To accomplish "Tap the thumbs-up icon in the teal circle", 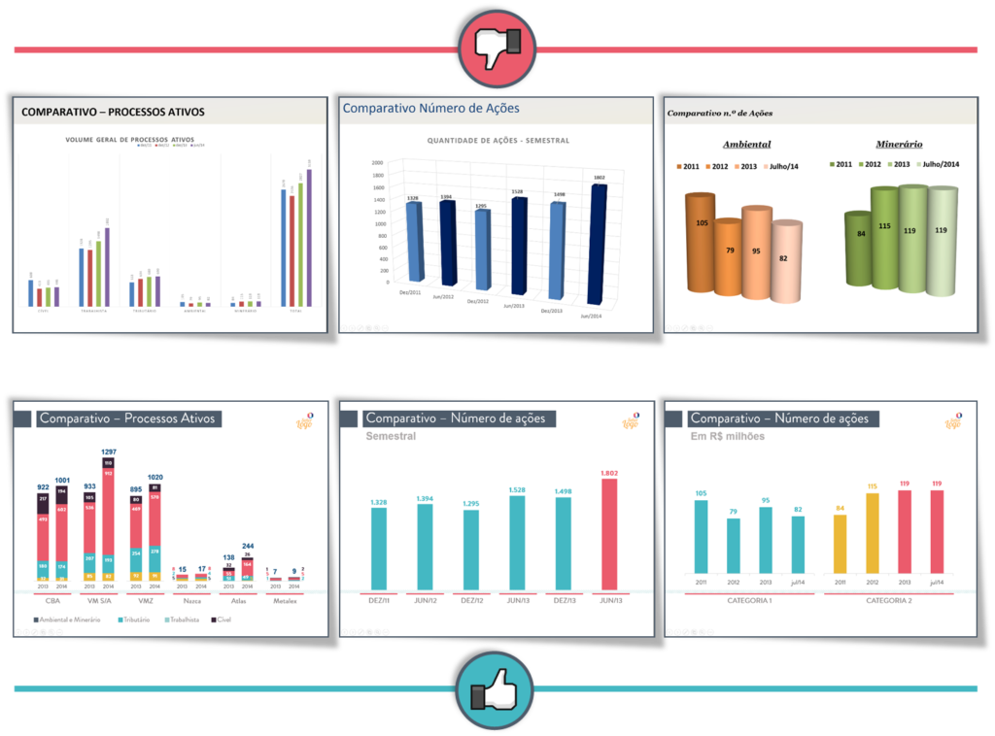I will (495, 690).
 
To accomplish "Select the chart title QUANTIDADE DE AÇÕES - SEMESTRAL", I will (498, 141).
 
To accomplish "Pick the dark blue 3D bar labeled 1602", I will (598, 243).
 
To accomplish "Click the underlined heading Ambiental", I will (746, 144).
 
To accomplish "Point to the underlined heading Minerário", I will (899, 144).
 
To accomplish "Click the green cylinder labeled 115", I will (883, 238).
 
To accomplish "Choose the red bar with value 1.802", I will (609, 534).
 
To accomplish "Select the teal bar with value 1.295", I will (471, 550).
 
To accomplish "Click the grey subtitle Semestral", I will (391, 437).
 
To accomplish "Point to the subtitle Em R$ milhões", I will (727, 437).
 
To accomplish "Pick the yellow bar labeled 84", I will (840, 544).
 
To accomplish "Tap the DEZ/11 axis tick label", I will (378, 601).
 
